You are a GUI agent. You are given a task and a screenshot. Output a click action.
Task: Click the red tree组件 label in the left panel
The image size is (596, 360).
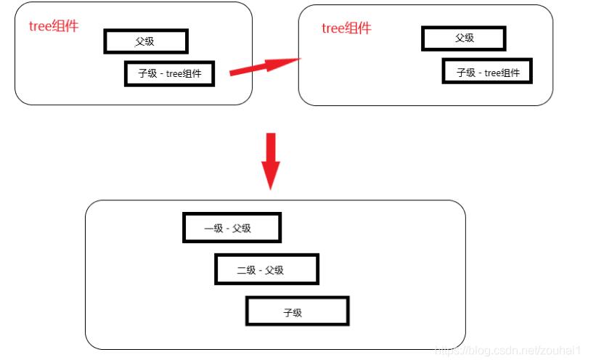pos(54,26)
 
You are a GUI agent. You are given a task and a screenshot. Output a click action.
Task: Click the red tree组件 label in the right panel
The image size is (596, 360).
pos(346,28)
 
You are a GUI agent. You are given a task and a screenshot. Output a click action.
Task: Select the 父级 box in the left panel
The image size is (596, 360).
pos(146,41)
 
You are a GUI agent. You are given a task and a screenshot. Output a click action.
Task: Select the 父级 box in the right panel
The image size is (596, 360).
pos(464,38)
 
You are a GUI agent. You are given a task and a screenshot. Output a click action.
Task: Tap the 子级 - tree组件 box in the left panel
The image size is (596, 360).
pos(170,73)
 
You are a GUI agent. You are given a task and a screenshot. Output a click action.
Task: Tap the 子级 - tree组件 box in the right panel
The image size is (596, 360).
pos(487,71)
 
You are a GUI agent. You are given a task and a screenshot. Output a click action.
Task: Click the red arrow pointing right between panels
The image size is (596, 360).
pos(265,66)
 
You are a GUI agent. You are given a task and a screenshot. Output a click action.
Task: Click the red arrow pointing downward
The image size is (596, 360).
pos(271,161)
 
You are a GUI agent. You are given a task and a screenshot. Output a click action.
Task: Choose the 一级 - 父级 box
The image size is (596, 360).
pos(232,228)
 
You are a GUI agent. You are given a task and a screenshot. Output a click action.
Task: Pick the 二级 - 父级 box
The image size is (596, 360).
pos(267,269)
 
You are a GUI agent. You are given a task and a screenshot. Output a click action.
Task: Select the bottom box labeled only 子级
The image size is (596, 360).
pos(298,311)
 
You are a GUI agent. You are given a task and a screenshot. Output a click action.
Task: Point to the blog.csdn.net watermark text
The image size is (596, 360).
pos(507,350)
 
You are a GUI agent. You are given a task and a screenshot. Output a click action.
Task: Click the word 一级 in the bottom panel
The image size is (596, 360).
pos(213,229)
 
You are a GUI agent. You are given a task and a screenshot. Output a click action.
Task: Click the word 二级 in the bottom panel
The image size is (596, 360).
pos(246,270)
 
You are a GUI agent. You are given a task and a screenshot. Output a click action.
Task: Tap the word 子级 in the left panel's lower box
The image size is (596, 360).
pos(147,73)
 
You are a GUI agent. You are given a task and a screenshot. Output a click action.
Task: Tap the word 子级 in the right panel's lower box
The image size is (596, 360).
pos(466,73)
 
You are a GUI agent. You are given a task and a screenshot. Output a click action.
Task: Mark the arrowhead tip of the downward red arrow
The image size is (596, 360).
pos(271,189)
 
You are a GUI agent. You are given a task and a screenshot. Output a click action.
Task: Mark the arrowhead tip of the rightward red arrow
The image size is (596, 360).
pos(301,59)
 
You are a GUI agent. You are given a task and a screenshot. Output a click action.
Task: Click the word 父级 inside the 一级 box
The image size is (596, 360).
pos(241,229)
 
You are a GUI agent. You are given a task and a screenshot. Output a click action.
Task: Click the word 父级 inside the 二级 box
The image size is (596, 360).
pos(274,270)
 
